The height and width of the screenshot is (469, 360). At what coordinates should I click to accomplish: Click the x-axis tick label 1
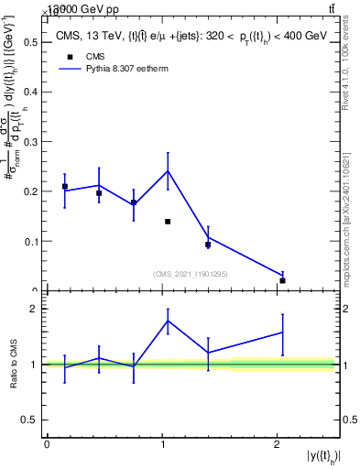[x=162, y=444]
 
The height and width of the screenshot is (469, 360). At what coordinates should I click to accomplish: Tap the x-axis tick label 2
[x=278, y=444]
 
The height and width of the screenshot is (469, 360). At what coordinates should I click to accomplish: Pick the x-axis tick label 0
[x=47, y=444]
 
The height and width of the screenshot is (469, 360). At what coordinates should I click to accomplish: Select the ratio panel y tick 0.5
[x=32, y=420]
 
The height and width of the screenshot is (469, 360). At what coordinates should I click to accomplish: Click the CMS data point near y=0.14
[x=168, y=222]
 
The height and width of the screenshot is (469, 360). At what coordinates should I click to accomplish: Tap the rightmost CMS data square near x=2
[x=282, y=280]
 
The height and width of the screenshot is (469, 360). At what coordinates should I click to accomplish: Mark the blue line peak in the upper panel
[x=168, y=170]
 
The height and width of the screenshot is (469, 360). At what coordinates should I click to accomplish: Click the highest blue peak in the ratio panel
[x=168, y=320]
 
